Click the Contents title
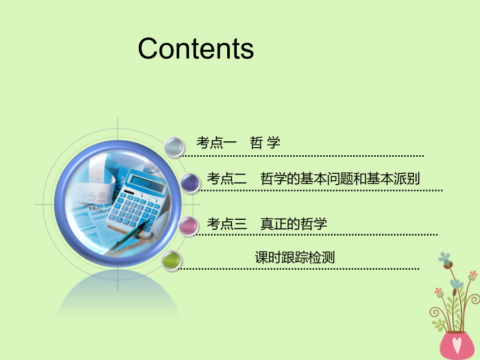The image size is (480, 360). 196,49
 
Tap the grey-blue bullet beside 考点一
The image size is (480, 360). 174,147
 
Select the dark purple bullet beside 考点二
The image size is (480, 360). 190,182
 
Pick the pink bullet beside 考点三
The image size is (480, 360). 188,226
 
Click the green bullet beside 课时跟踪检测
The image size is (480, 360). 171,261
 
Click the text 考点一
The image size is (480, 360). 217,142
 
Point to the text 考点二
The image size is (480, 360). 227,179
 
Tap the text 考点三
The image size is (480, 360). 227,224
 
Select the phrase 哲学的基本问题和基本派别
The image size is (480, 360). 340,179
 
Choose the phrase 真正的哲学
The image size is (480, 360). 293,224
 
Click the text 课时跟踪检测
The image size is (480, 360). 295,257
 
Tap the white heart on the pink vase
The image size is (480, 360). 457,345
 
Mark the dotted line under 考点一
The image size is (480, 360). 301,156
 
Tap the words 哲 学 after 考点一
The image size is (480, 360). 265,142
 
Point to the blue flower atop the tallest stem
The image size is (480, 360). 445,258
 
